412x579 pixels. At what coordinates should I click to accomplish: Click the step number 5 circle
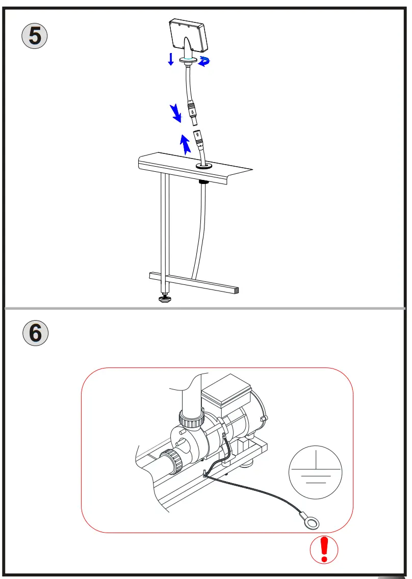tap(35, 36)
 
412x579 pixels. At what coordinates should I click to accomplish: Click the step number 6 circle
tap(35, 333)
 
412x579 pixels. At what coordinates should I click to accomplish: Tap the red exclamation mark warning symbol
tap(324, 549)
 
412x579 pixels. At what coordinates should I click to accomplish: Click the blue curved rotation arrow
tap(205, 61)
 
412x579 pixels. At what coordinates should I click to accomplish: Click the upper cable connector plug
tap(193, 113)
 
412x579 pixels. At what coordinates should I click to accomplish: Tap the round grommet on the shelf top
tap(205, 166)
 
